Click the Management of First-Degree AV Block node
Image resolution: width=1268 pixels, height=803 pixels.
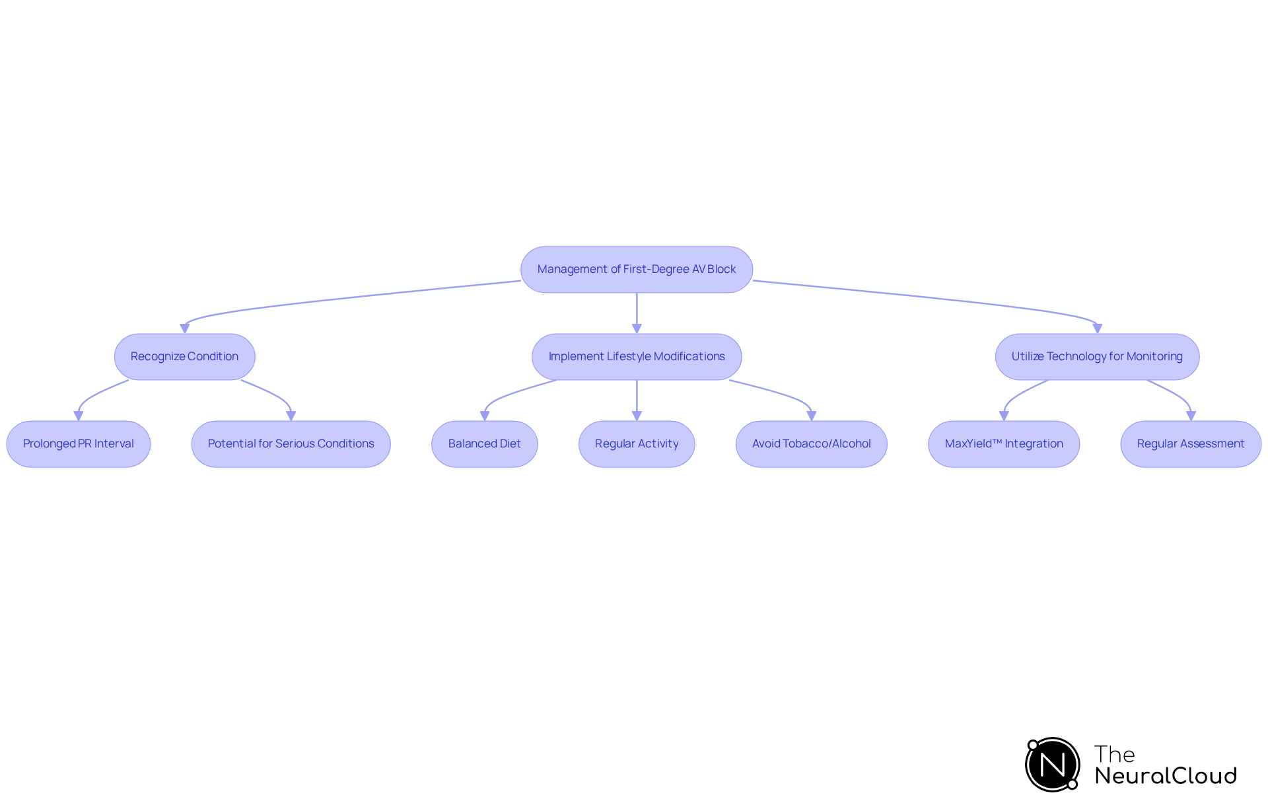(x=636, y=270)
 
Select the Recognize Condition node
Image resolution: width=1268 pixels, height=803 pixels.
(x=184, y=357)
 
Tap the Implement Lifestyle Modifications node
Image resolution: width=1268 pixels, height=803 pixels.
(x=636, y=357)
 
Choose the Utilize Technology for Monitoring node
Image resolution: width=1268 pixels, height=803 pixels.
(x=1096, y=357)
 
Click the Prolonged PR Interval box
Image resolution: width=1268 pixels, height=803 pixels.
(x=78, y=444)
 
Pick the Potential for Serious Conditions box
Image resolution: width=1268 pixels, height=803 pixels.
(x=291, y=444)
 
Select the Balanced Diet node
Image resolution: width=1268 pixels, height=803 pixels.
(x=484, y=444)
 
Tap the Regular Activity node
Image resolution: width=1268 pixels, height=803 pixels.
(x=636, y=444)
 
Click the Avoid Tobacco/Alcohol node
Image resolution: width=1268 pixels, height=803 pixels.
(x=811, y=444)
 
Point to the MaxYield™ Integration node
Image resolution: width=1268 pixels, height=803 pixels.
(x=1003, y=444)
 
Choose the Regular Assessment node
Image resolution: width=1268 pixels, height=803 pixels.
(x=1190, y=444)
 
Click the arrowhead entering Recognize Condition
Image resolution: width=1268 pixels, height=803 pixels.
(x=185, y=328)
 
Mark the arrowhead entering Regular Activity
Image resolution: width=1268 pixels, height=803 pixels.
(x=637, y=416)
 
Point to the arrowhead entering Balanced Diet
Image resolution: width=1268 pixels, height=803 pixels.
(x=485, y=416)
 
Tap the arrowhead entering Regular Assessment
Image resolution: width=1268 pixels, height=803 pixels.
(x=1191, y=416)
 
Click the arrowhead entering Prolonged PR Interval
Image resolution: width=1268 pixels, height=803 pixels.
(x=79, y=416)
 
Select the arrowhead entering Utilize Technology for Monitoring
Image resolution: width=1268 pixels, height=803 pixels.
(x=1097, y=328)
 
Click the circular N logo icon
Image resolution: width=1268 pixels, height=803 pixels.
(x=1052, y=765)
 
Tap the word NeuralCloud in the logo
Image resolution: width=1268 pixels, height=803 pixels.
(x=1165, y=776)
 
